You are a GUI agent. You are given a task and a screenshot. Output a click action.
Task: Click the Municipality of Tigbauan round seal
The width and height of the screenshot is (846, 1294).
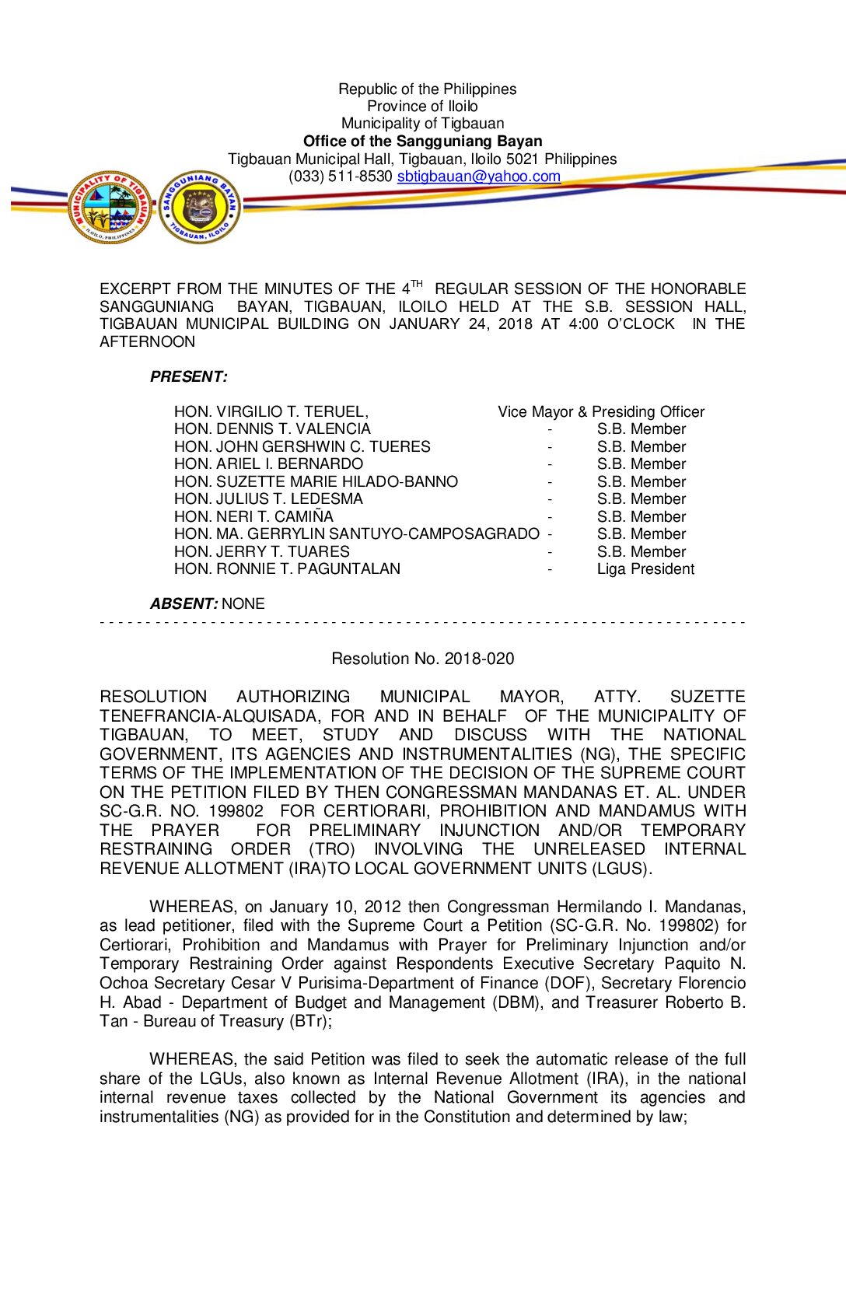click(110, 207)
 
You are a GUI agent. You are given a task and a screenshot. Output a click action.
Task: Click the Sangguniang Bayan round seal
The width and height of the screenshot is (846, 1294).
click(200, 207)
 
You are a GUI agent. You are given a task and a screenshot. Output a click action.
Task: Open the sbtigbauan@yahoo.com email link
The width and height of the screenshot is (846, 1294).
click(478, 177)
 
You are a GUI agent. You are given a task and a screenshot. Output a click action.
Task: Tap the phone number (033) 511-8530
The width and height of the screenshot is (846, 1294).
click(341, 177)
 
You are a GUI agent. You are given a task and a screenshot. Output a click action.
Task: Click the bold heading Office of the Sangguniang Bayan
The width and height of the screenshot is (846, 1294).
click(422, 142)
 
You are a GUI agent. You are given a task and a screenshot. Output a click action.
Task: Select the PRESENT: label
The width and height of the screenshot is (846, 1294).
click(189, 377)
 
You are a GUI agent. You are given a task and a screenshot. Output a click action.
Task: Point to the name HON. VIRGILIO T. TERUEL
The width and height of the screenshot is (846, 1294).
click(271, 412)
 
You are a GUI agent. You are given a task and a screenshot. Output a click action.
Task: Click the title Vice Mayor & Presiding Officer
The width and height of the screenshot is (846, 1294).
click(601, 412)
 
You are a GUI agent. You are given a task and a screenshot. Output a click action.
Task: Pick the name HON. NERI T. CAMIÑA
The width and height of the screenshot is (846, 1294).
click(253, 517)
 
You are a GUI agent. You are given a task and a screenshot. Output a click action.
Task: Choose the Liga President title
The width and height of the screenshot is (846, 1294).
click(645, 569)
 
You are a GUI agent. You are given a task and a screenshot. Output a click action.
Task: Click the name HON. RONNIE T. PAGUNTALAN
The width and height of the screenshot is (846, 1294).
click(287, 569)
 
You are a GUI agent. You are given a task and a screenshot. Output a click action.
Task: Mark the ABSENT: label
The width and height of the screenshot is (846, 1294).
click(184, 604)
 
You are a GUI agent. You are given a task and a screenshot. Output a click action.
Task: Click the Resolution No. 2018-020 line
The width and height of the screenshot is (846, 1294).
click(422, 659)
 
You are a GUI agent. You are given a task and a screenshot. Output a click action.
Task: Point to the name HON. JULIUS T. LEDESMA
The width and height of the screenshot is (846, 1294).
click(268, 499)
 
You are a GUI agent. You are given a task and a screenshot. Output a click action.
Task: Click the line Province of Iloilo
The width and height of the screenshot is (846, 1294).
click(422, 107)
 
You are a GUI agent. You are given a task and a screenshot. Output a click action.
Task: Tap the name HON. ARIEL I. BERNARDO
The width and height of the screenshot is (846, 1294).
click(268, 464)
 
